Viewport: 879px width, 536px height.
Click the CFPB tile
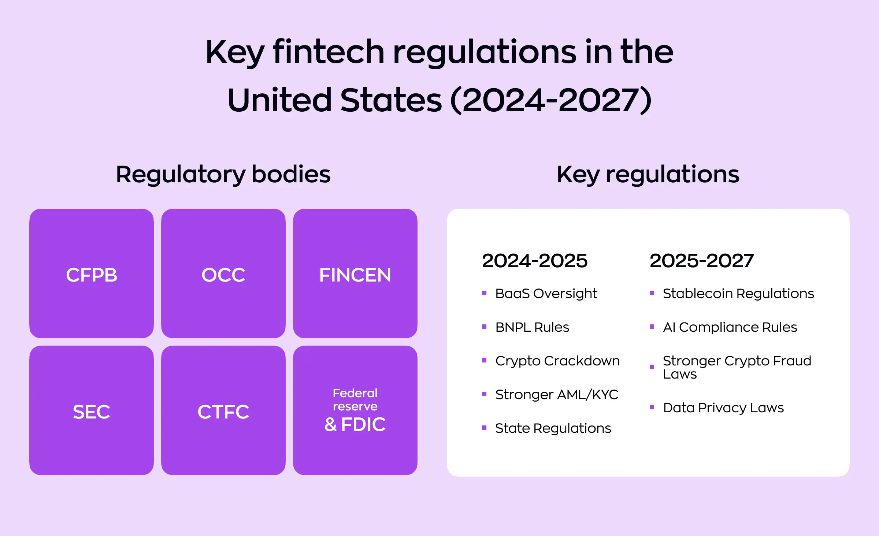pos(92,274)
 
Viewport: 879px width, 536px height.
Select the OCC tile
pos(223,274)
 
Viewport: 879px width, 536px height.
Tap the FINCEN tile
pos(355,274)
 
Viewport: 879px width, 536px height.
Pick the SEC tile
pos(92,411)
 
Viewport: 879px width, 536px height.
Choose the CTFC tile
pos(223,411)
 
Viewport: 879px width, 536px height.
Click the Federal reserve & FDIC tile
pos(355,411)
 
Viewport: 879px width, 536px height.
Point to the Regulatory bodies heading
pos(223,174)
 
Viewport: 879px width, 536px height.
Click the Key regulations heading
pos(648,174)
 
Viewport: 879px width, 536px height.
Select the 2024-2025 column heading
pos(535,261)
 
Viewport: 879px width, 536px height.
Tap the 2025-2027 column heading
pos(702,261)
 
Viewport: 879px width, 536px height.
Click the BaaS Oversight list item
pos(546,294)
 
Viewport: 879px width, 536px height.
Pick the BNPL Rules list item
pos(532,327)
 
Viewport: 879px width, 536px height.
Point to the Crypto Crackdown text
pos(557,361)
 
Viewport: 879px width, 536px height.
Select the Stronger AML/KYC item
pos(557,395)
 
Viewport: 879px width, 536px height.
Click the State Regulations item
pos(553,428)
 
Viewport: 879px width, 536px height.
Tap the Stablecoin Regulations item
pos(738,294)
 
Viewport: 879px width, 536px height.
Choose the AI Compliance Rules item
pos(730,327)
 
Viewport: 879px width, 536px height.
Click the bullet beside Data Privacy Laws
pos(652,407)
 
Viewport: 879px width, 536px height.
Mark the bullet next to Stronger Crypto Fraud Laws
pos(652,367)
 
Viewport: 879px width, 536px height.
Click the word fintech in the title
pos(329,52)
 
